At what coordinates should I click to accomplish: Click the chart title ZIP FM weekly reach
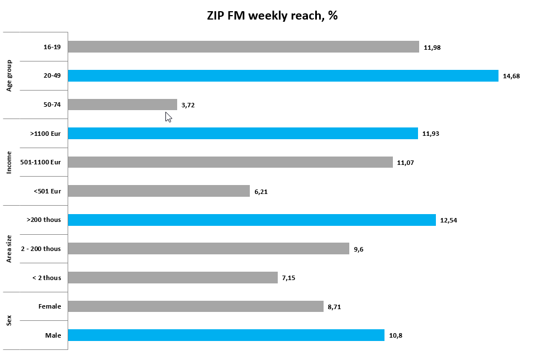[272, 16]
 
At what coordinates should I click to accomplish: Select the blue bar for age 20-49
[283, 76]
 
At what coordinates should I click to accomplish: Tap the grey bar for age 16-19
[243, 47]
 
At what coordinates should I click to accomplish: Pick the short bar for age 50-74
[122, 105]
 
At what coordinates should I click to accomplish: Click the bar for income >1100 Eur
[243, 134]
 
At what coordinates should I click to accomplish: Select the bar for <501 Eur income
[159, 191]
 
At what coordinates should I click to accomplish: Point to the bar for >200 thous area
[251, 220]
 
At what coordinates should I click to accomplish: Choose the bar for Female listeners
[196, 306]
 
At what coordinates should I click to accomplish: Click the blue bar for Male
[226, 335]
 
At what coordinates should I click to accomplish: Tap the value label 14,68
[511, 76]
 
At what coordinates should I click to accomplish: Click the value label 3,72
[188, 105]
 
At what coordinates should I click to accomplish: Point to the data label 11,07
[405, 163]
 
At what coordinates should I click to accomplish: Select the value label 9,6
[359, 249]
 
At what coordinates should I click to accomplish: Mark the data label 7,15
[288, 278]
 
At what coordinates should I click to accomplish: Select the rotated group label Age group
[10, 75]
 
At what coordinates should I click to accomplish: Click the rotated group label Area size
[10, 248]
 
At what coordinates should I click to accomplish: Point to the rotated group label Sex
[10, 320]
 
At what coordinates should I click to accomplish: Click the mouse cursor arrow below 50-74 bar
[168, 116]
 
